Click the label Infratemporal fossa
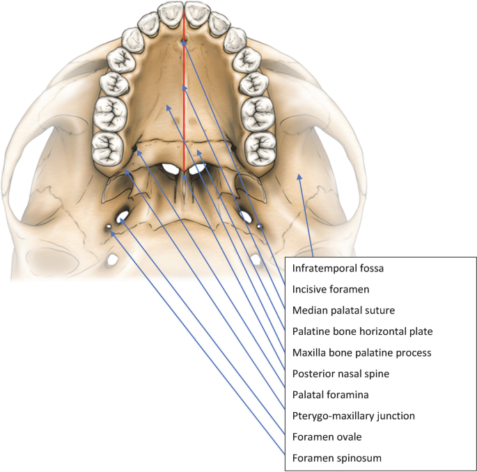coord(335,267)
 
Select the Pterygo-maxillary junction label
coord(353,416)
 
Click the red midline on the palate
coord(183,104)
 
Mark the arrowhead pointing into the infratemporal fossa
coord(300,177)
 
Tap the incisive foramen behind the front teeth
coord(183,42)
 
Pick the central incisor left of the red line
coord(170,12)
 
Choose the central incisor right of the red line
coord(196,12)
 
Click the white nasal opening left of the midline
coord(168,168)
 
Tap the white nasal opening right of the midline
coord(198,168)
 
